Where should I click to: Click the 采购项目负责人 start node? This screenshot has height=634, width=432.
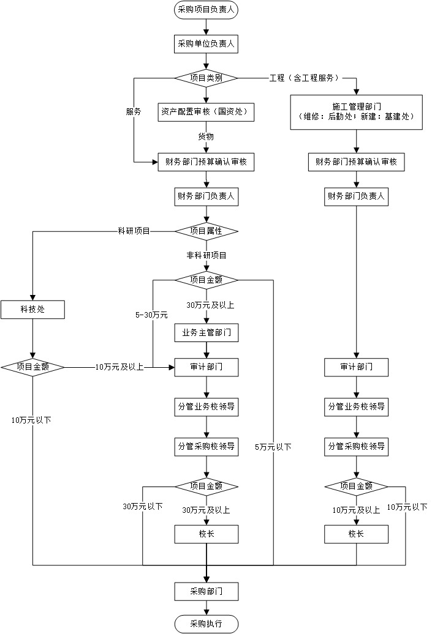tap(206, 10)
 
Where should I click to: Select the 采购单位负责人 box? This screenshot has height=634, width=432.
tap(206, 43)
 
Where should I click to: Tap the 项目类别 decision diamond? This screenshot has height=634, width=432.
tap(206, 78)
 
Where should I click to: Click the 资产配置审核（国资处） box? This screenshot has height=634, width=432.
tap(206, 112)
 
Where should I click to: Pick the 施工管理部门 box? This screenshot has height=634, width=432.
tap(356, 111)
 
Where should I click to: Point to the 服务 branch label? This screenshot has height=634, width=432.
tap(134, 112)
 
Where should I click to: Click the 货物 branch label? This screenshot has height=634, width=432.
tap(206, 136)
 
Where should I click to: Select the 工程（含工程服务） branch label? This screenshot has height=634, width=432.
tap(303, 78)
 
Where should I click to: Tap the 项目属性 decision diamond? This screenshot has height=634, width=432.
tap(206, 231)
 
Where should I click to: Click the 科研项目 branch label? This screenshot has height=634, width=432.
tap(134, 231)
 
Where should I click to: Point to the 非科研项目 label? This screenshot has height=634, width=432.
tap(207, 255)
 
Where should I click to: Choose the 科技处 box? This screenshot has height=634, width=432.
tap(32, 310)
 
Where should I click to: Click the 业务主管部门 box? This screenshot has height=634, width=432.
tap(206, 334)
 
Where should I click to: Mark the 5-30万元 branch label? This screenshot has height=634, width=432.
tap(152, 315)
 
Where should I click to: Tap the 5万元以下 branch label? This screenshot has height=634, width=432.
tap(273, 447)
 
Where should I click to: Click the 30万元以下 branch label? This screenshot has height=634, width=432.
tap(143, 506)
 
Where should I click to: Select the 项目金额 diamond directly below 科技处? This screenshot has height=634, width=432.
tap(32, 367)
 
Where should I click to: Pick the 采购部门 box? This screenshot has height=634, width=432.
tap(206, 592)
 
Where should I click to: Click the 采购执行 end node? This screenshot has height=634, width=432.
tap(206, 624)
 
